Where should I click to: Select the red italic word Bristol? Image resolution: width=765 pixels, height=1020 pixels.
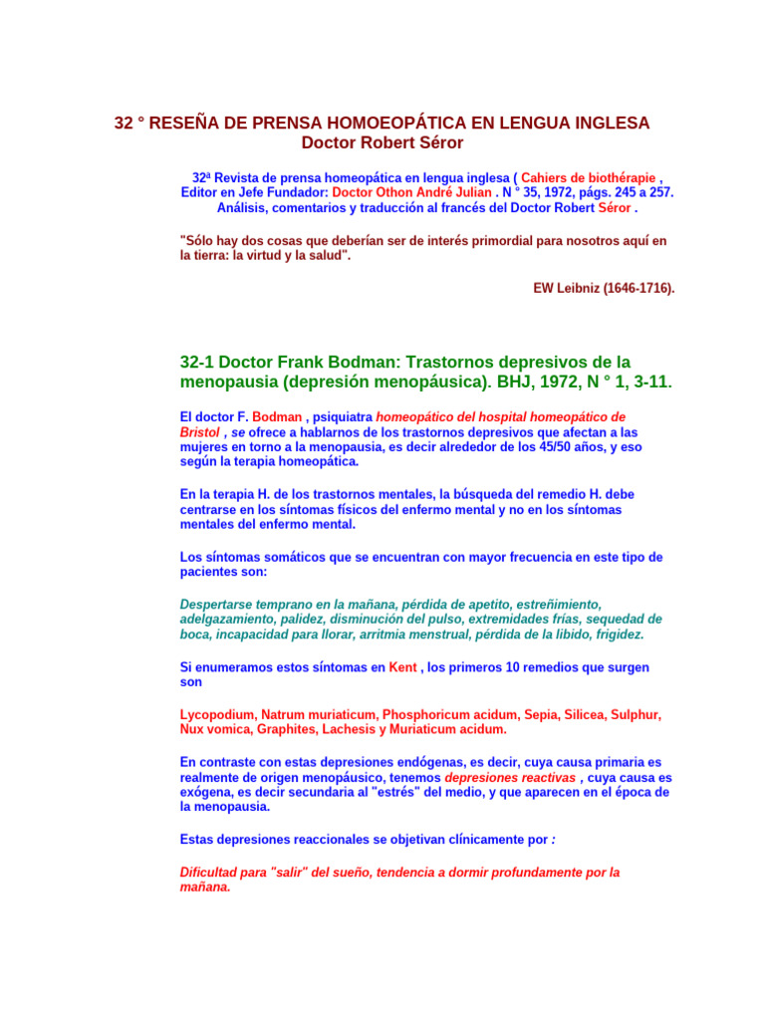click(x=199, y=433)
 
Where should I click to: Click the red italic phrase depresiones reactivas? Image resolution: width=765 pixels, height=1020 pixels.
click(x=509, y=777)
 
